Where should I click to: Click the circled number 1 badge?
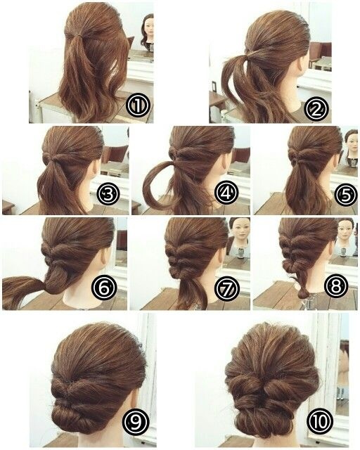point(138,105)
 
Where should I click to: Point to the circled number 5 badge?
point(346,195)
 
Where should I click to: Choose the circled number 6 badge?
point(103,287)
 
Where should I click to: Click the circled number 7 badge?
point(227,287)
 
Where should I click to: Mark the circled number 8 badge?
point(336,285)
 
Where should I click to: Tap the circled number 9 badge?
point(136,422)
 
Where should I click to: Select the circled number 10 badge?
point(320,421)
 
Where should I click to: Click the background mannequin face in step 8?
point(346,231)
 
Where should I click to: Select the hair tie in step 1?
point(75,35)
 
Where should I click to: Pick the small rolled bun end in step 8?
point(303,293)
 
